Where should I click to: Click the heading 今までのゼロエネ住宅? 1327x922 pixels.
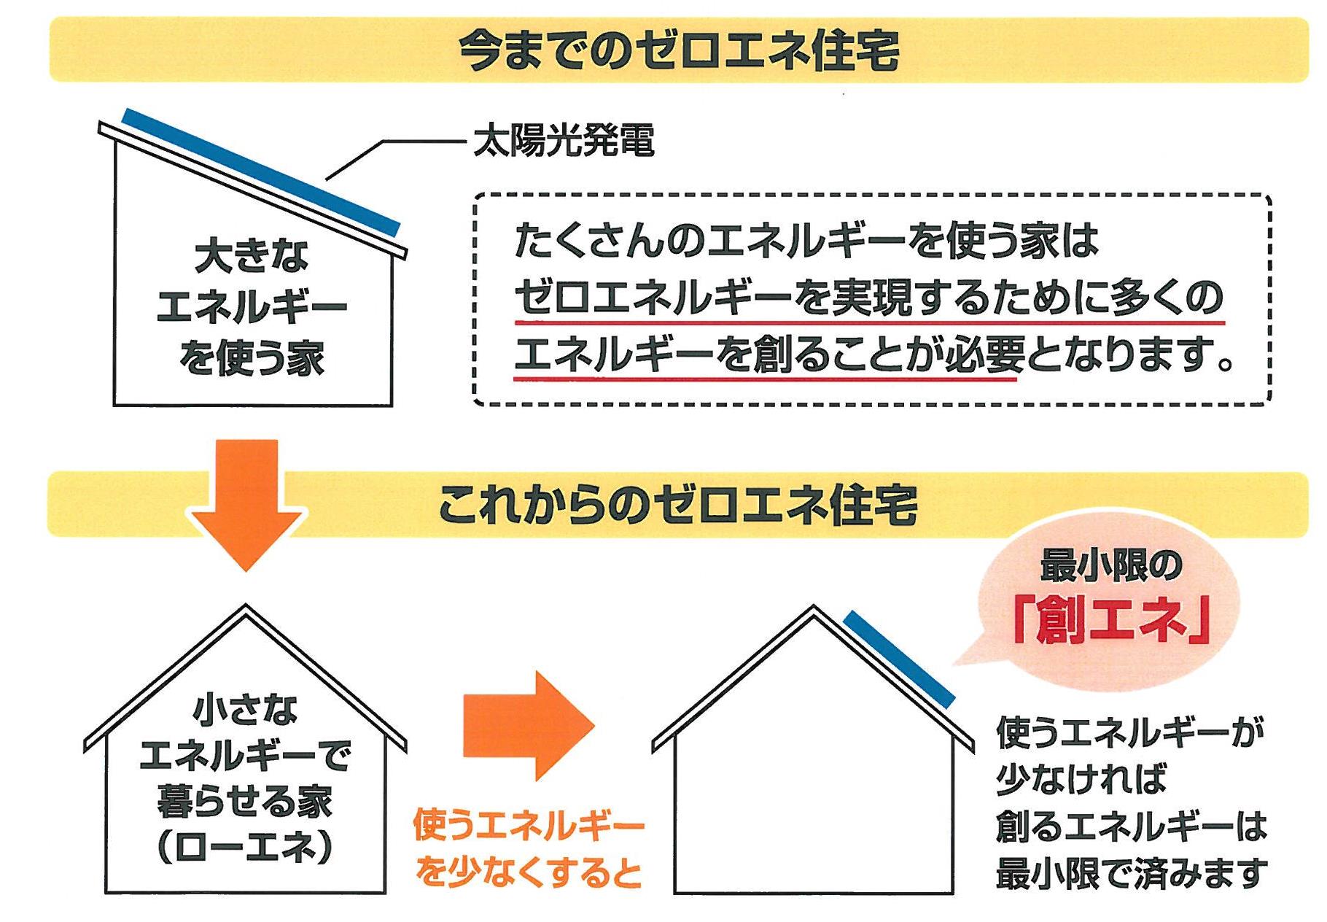click(678, 50)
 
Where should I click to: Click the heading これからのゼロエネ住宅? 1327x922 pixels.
click(678, 505)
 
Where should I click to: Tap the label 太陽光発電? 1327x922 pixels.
click(564, 141)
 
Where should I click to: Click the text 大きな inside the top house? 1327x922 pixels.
click(252, 257)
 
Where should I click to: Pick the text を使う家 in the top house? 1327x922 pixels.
click(252, 360)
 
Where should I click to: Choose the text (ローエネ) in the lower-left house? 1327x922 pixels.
click(246, 847)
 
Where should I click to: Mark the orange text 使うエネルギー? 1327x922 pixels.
click(529, 826)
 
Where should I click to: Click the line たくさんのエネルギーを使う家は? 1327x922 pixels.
click(806, 240)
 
